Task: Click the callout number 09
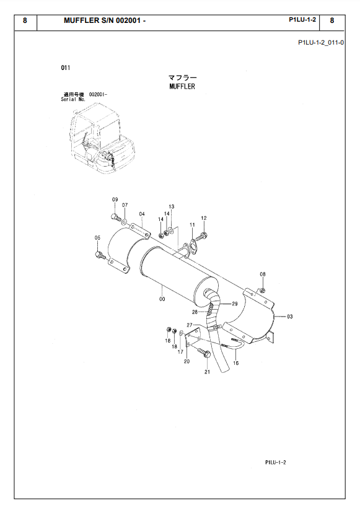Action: coord(115,199)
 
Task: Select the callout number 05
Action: coord(97,238)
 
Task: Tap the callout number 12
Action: coord(204,218)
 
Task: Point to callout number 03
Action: coord(289,317)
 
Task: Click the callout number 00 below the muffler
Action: coord(162,299)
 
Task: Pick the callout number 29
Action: coord(235,304)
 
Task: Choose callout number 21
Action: coord(207,372)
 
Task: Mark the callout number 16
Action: coord(236,363)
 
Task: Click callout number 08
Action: coord(263,274)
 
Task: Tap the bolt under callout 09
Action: coord(115,218)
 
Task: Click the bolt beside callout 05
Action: coord(100,255)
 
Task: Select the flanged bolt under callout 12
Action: coord(201,237)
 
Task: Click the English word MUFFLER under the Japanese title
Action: coord(182,87)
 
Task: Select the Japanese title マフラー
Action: coord(183,77)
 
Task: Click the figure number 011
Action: coord(66,68)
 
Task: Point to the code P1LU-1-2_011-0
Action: coord(321,43)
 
